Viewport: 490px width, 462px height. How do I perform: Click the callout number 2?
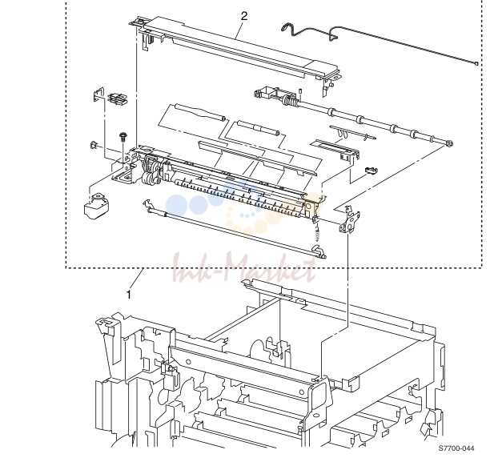coord(244,16)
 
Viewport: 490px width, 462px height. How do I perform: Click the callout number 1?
coord(128,294)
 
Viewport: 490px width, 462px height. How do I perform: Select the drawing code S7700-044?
coord(456,448)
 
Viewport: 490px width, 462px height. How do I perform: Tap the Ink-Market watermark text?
coord(244,269)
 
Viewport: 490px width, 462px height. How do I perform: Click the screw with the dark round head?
coord(122,137)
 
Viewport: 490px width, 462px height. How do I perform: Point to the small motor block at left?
coord(97,205)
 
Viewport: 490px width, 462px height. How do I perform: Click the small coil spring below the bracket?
coord(318,234)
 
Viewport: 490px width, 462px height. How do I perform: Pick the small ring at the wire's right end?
coord(476,63)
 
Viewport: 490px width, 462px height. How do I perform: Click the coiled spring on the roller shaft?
coord(289,101)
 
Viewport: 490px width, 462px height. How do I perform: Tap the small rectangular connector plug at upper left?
coord(117,98)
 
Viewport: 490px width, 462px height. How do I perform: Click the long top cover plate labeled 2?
coord(235,50)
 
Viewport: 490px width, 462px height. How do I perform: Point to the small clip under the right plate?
coord(371,170)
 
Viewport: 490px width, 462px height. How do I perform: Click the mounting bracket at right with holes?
coord(349,219)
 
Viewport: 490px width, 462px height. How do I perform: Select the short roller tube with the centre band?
coord(258,128)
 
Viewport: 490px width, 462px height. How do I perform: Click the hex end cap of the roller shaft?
coord(449,143)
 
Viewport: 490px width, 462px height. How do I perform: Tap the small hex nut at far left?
coord(94,145)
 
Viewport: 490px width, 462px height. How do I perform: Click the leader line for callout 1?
coord(137,278)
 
